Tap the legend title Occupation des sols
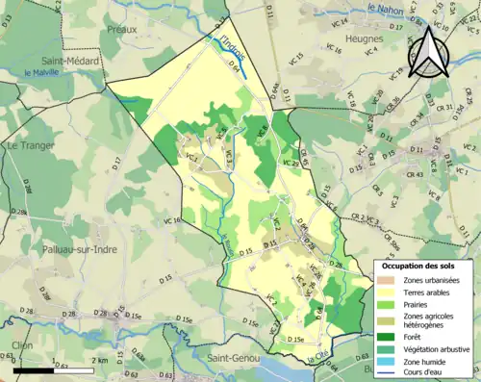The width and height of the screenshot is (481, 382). tap(421, 266)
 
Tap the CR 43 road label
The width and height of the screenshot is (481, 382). tap(415, 174)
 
